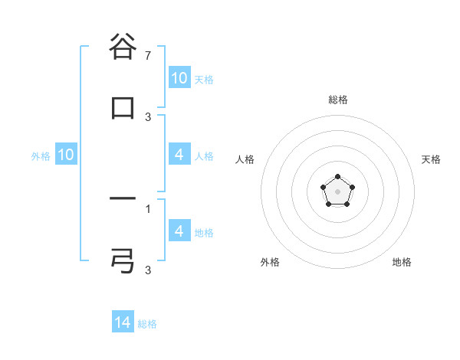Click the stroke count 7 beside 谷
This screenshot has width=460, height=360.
point(148,57)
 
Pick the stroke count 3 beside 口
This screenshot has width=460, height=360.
point(148,116)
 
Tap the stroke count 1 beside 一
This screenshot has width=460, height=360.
point(148,208)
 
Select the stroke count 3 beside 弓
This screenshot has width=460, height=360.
point(148,270)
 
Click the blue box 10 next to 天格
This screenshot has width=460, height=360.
point(179,78)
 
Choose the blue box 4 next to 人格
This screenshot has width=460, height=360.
point(179,155)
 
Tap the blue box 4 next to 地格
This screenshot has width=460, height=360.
point(179,231)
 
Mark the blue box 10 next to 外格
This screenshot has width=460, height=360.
point(66,155)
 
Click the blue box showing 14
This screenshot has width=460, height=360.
point(123,322)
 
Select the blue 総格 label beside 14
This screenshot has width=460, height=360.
point(147,324)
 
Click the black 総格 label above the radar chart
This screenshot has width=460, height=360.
point(338,100)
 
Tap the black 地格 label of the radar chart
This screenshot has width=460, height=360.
point(402,262)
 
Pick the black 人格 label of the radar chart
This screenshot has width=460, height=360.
point(245,159)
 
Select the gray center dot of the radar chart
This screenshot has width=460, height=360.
point(338,191)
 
